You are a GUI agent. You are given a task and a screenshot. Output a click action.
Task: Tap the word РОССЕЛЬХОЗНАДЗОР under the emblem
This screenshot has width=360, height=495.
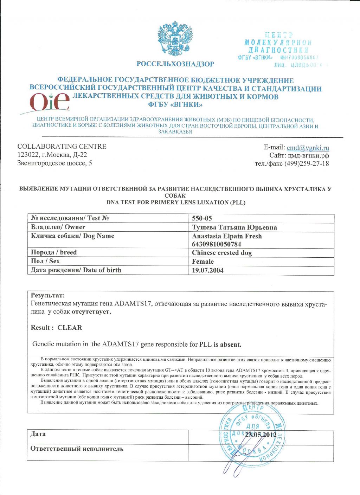pyautogui.click(x=175, y=64)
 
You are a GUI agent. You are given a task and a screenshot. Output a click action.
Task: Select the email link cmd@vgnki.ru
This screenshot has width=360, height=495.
pyautogui.click(x=308, y=148)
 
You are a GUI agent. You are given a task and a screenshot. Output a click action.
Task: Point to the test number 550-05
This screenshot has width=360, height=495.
pyautogui.click(x=202, y=218)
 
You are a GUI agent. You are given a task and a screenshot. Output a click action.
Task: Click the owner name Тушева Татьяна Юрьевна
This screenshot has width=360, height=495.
pyautogui.click(x=234, y=227)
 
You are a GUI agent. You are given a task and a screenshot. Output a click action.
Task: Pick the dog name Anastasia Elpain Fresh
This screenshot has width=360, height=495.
pyautogui.click(x=227, y=236)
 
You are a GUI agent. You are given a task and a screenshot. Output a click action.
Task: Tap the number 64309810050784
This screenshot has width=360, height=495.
pyautogui.click(x=217, y=244)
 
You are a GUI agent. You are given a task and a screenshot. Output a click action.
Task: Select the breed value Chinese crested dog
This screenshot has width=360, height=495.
pyautogui.click(x=222, y=253)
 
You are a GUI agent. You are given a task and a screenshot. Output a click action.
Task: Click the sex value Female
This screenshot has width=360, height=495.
pyautogui.click(x=203, y=262)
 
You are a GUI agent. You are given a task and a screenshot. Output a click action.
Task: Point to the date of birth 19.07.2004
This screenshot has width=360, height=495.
pyautogui.click(x=208, y=270)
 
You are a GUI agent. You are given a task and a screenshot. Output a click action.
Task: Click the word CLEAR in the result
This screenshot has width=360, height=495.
pyautogui.click(x=70, y=328)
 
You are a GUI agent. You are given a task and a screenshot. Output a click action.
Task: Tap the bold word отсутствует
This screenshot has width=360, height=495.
pyautogui.click(x=91, y=311)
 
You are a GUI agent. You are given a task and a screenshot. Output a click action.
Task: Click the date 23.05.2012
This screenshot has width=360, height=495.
pyautogui.click(x=261, y=435)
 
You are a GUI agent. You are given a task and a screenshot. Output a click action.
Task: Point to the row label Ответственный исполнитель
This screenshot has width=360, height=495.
pyautogui.click(x=77, y=449)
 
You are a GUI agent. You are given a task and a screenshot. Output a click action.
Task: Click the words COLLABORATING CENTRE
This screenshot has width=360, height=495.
pyautogui.click(x=62, y=147)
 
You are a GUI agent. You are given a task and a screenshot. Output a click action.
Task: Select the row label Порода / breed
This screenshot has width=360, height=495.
pyautogui.click(x=53, y=252)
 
